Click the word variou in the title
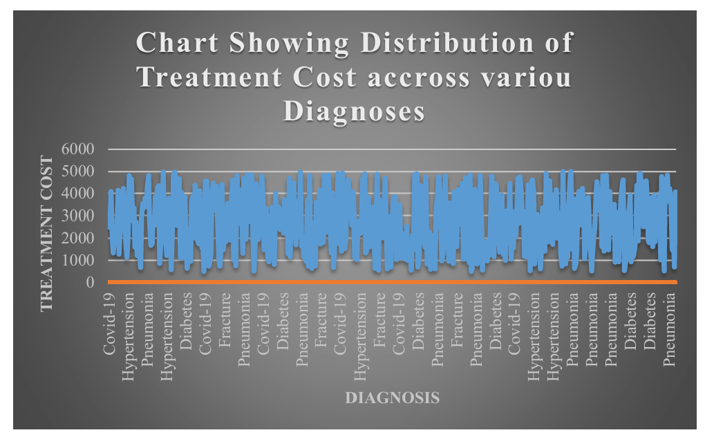527,77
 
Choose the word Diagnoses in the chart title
355,111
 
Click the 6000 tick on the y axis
79,149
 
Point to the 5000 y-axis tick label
79,171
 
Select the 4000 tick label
79,194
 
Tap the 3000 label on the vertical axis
79,216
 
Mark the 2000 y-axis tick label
79,238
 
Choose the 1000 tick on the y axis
79,261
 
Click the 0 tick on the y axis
90,283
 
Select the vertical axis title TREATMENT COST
48,233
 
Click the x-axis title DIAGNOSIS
392,398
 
